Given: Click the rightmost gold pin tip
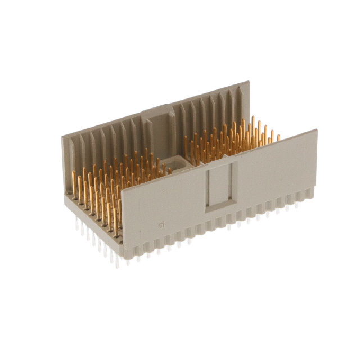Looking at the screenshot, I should click(x=278, y=137).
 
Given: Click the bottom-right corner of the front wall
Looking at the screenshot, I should click(x=316, y=191).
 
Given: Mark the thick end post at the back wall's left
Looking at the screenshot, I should click(x=69, y=163).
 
